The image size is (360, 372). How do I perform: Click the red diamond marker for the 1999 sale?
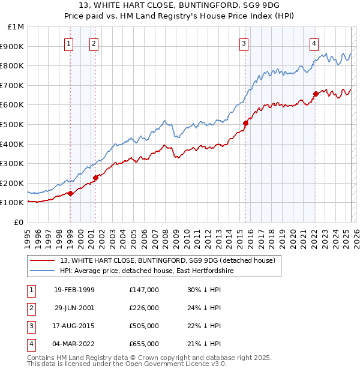[x=71, y=193]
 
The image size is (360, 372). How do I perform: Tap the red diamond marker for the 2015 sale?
[x=245, y=123]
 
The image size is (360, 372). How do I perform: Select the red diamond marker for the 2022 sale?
[x=315, y=94]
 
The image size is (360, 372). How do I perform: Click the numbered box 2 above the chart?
[x=94, y=43]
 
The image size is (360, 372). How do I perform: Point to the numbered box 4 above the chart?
[x=314, y=43]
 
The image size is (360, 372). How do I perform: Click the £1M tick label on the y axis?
[x=16, y=26]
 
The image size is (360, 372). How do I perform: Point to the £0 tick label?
[x=19, y=222]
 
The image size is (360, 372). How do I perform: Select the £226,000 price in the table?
[x=144, y=308]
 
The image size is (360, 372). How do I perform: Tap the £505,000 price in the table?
[x=144, y=326]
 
